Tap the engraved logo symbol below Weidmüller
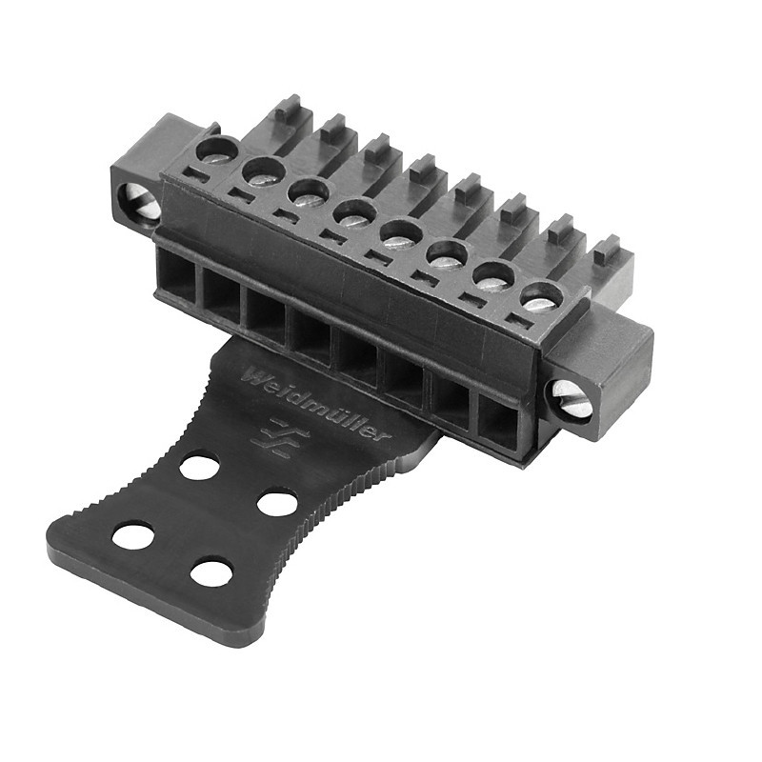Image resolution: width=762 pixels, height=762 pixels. click(279, 435)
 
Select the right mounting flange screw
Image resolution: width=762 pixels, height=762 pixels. click(571, 399)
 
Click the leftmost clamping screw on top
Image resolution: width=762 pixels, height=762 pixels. click(218, 150)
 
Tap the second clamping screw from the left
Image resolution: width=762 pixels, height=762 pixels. click(263, 171)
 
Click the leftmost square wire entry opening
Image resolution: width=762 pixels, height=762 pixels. click(176, 270)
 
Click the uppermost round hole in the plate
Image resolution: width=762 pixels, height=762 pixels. click(200, 467)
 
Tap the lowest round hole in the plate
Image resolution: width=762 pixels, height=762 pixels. click(211, 572)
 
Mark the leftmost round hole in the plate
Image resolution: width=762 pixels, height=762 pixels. click(133, 535)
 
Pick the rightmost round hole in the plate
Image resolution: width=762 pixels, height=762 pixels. click(278, 502)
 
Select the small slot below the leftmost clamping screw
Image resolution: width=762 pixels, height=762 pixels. click(194, 174)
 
